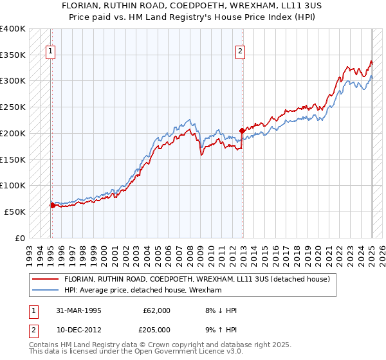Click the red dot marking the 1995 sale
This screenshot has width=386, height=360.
(52, 206)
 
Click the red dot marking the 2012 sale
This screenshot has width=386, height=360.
(242, 130)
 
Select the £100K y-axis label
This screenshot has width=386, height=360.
(13, 186)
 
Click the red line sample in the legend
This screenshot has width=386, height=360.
(46, 279)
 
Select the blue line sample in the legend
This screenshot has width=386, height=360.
(46, 291)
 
